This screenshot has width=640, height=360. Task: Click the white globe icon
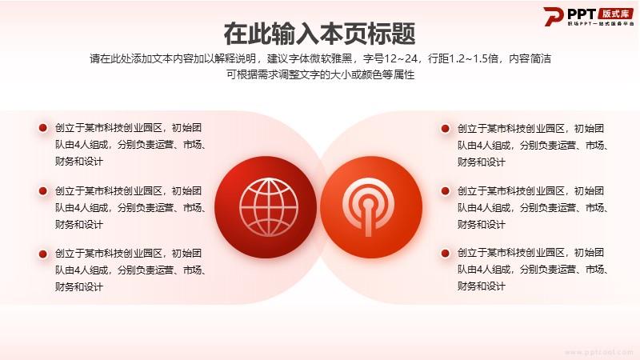(269, 207)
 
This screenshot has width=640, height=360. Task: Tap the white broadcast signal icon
(368, 206)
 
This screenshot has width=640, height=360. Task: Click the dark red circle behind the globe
(266, 207)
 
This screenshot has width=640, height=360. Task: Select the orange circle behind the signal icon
(371, 207)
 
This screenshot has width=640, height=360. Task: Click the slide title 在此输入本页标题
(319, 34)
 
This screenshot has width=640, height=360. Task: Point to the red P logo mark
(553, 16)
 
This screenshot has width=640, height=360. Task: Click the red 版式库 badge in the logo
(615, 14)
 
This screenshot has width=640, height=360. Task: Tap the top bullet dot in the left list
(43, 128)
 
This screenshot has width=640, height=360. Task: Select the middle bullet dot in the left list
(43, 190)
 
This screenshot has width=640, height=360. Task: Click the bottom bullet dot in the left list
(43, 254)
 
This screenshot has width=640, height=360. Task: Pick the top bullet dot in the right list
(446, 129)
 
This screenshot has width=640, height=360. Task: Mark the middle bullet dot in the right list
(446, 190)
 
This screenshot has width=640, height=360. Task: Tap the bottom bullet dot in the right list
(446, 253)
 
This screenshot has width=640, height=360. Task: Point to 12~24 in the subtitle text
(401, 58)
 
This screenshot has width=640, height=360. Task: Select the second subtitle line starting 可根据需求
(321, 74)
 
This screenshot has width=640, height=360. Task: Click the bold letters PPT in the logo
(582, 14)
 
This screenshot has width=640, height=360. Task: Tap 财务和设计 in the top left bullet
(79, 162)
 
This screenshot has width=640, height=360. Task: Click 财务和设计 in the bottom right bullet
(482, 286)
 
